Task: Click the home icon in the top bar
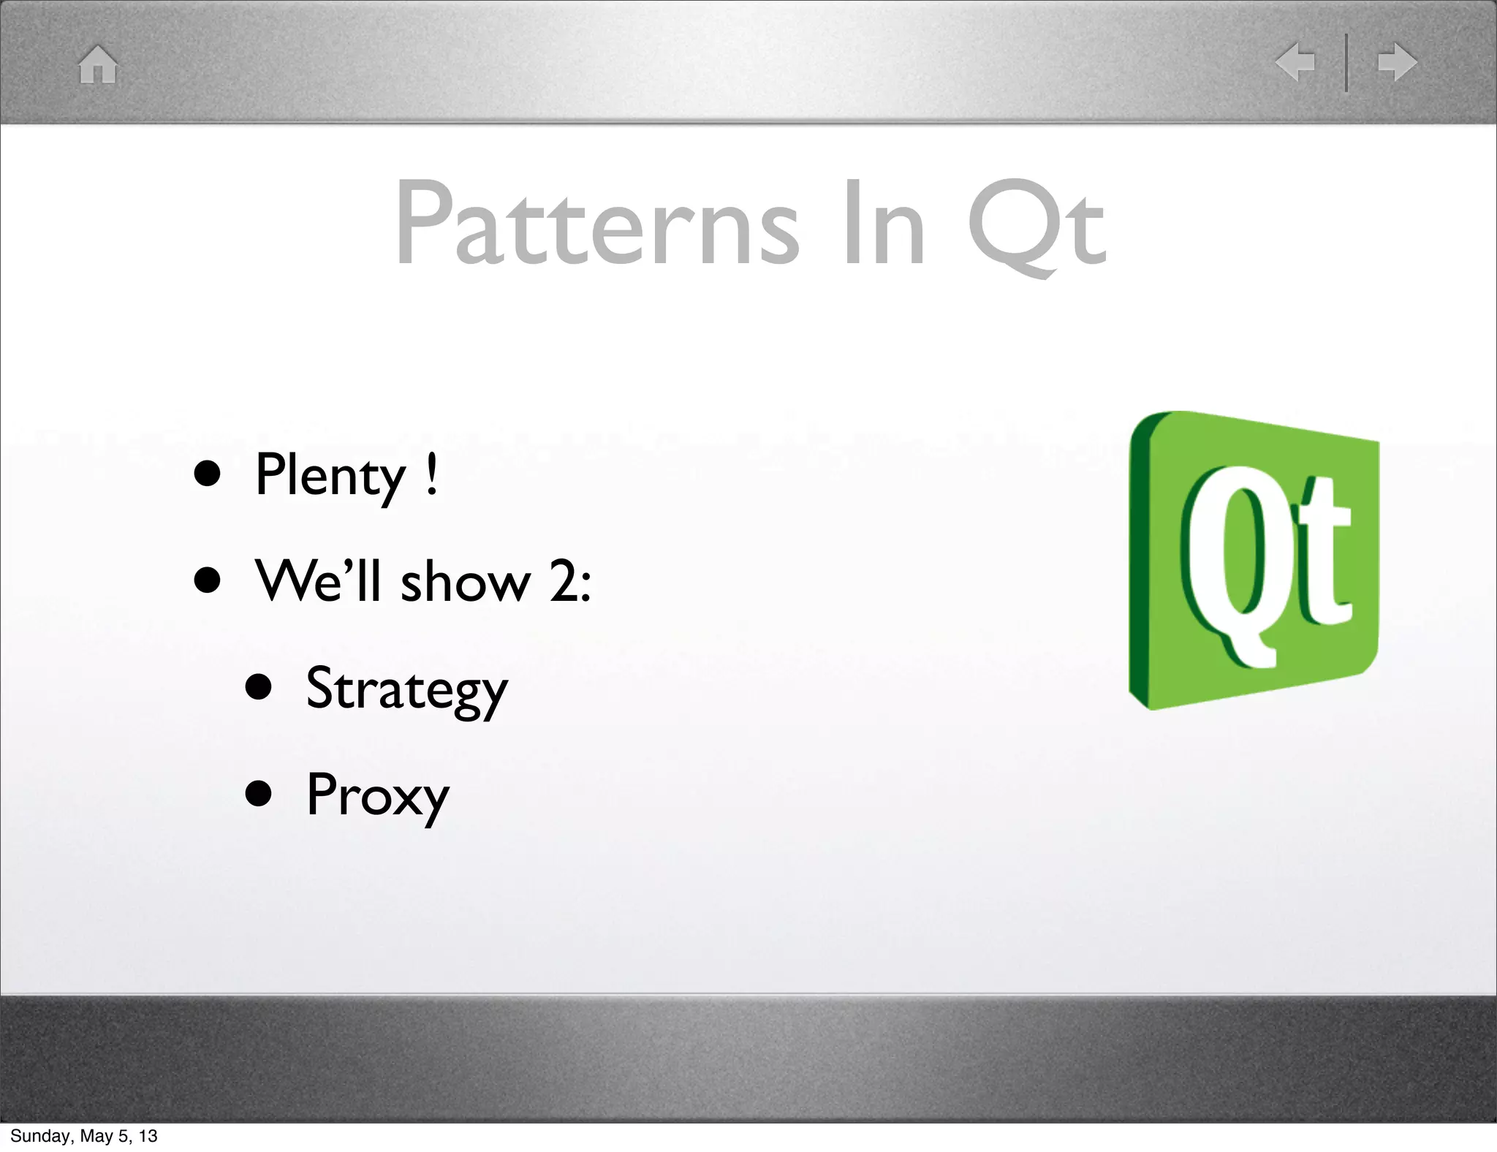click(98, 64)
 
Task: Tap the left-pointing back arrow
click(1295, 62)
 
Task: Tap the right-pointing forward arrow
click(1397, 62)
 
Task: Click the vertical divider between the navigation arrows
click(1346, 62)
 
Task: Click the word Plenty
click(330, 477)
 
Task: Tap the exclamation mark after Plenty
click(432, 475)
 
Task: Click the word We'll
click(318, 581)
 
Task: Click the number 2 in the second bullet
click(564, 583)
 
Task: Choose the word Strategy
click(406, 689)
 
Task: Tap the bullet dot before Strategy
click(259, 688)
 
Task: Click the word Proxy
click(377, 796)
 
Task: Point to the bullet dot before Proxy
click(259, 794)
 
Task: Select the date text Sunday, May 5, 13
click(83, 1136)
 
